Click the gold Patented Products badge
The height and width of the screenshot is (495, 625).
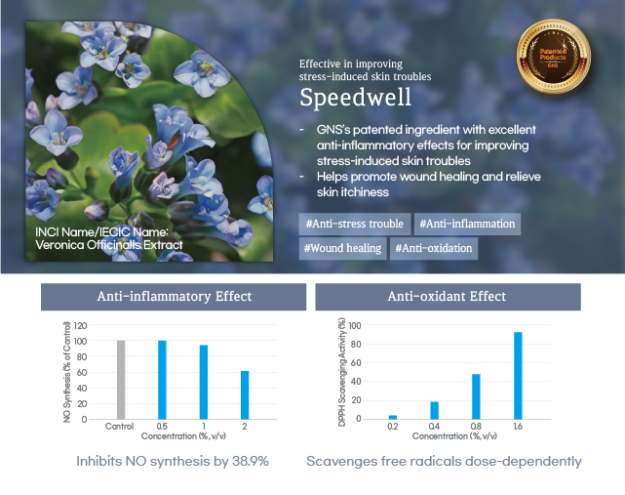coord(553,57)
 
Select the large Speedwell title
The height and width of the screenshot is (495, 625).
coord(355,98)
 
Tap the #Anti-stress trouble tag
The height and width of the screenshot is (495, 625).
coord(355,224)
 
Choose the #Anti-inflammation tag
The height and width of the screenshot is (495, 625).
coord(467,224)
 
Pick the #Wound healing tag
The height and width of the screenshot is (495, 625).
coord(342,248)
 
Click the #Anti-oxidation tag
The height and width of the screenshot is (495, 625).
coord(434,248)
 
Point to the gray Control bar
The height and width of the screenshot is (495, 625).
coord(121,380)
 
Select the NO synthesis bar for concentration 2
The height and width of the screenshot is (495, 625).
coord(245,395)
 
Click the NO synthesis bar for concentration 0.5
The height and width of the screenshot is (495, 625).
coord(162,380)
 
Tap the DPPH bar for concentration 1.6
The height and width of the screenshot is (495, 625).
coord(518,376)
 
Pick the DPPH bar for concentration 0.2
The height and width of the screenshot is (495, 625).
coord(393,417)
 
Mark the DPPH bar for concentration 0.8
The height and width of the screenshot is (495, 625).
coord(476,396)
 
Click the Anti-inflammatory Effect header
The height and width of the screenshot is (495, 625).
coord(174,297)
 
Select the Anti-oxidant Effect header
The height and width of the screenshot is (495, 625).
coord(448,297)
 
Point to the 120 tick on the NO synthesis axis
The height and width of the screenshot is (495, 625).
coord(80,326)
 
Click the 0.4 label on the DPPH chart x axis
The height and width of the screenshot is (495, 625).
coord(434,427)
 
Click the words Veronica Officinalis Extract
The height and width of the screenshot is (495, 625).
coord(109,245)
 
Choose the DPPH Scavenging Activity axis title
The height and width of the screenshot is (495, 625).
coord(341,372)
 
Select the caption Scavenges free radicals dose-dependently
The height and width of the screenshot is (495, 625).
coord(444,462)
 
